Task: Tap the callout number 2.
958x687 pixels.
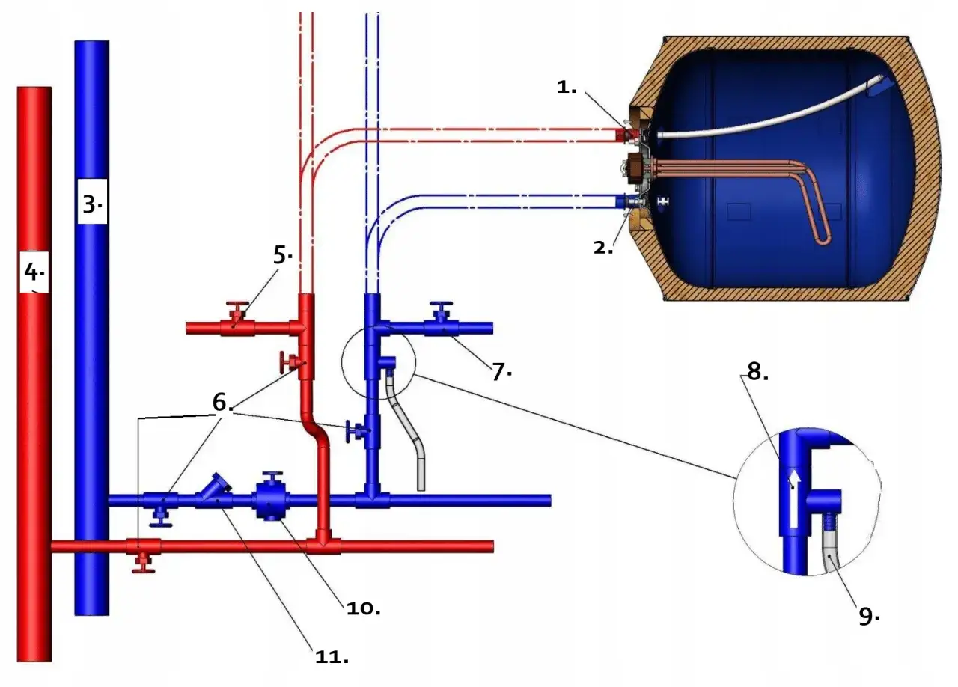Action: (x=603, y=248)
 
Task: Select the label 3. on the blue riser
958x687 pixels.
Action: (x=91, y=204)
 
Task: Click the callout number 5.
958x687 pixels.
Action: (x=282, y=255)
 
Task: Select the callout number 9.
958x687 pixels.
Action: (x=867, y=616)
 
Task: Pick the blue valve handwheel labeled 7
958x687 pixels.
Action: (x=442, y=307)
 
